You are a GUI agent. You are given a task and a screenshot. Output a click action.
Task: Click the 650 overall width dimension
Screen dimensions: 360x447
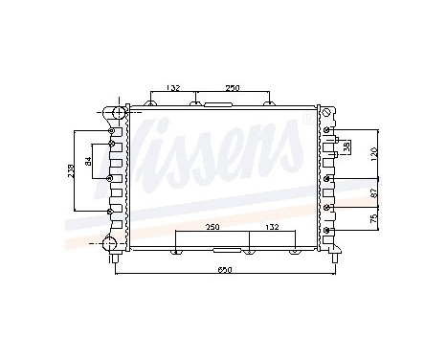coord(224,270)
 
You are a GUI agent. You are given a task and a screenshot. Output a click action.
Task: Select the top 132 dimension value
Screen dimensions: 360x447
coord(172,87)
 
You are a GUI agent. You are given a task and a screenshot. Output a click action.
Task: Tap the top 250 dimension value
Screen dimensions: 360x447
coord(233,87)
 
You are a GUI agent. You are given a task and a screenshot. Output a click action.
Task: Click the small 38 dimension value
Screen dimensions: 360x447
coord(346,147)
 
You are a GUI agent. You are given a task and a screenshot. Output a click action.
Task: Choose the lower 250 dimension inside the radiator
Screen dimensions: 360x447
coord(212,228)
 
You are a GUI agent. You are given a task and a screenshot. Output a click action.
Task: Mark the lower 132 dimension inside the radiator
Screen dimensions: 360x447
coord(273,228)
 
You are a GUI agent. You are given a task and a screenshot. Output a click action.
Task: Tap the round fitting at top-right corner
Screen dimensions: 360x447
coord(328,116)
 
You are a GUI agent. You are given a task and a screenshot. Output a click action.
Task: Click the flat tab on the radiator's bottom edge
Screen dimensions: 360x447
coord(249,252)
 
